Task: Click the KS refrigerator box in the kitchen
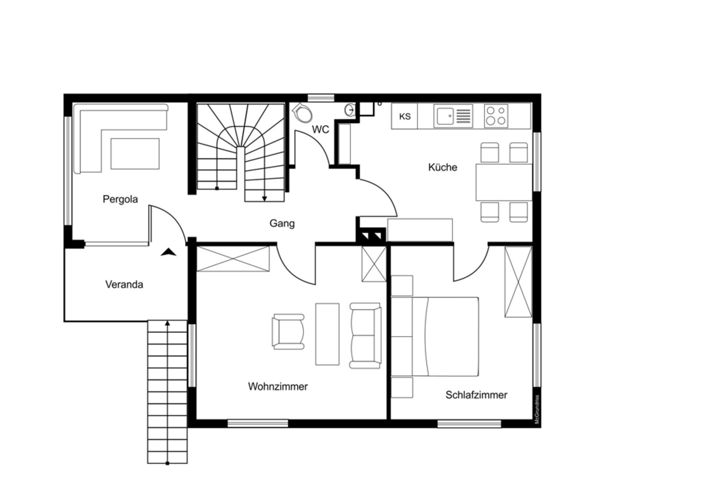[404, 116]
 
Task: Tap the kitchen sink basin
[446, 116]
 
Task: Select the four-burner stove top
[496, 116]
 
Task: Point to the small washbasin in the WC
[350, 110]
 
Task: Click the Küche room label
[442, 167]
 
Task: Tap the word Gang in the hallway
[282, 224]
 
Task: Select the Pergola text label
[120, 199]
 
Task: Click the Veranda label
[124, 285]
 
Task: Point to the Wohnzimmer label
[278, 387]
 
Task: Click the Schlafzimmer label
[476, 395]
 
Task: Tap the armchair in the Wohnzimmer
[288, 332]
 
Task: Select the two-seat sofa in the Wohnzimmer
[365, 336]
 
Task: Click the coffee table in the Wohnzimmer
[327, 334]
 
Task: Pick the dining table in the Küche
[504, 182]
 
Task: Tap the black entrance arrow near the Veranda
[168, 252]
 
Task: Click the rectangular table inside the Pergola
[135, 154]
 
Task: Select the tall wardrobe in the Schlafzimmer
[518, 282]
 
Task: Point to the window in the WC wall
[321, 98]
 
